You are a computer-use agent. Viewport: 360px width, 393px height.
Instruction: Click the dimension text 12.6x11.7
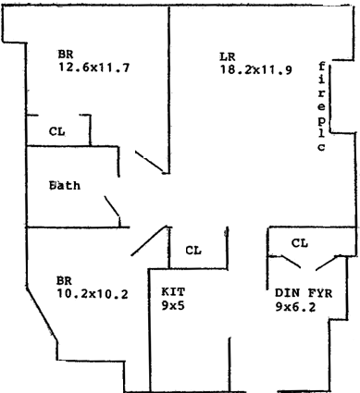tap(93, 68)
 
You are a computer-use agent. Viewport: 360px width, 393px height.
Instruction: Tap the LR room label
tap(228, 56)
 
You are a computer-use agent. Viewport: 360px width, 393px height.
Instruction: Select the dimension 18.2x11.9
tap(255, 70)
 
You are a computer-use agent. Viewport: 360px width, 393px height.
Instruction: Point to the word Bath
tap(65, 185)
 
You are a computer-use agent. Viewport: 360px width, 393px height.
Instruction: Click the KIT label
tap(173, 291)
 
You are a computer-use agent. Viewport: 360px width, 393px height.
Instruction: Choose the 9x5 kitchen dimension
tap(173, 305)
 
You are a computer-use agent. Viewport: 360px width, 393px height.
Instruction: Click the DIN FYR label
tap(304, 293)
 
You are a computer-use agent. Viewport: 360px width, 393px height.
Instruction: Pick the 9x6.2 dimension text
tap(295, 307)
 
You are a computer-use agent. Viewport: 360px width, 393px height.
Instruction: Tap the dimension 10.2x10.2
tap(93, 294)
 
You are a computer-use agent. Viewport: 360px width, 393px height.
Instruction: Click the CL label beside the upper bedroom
tap(57, 131)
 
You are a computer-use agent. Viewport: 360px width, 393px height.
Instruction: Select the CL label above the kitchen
tap(193, 251)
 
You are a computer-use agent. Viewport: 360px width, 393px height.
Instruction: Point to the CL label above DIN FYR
tap(300, 243)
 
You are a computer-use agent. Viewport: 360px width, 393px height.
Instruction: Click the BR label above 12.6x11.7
tap(66, 55)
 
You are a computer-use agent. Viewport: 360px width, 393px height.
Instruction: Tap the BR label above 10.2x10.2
tap(64, 281)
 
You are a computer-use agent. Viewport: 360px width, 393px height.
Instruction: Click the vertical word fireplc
tap(322, 106)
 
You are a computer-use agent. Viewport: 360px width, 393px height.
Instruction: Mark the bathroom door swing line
tap(112, 205)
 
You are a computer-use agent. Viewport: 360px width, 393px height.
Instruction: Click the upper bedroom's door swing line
tap(149, 161)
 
